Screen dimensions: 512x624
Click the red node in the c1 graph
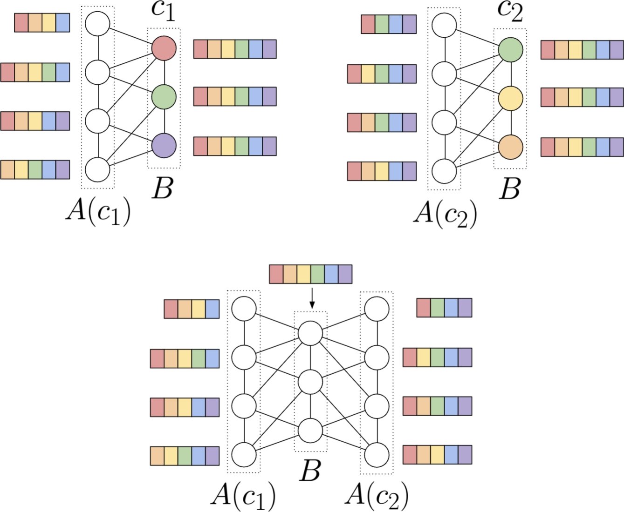pos(164,48)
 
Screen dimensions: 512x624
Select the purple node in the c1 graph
pos(164,145)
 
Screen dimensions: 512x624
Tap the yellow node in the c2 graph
pos(510,98)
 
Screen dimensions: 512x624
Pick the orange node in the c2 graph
pos(510,147)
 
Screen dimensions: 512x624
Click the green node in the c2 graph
pos(510,49)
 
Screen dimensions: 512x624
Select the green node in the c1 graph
pos(164,97)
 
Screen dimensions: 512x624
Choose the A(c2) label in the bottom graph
pos(377,495)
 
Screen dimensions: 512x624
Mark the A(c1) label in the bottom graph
pos(243,495)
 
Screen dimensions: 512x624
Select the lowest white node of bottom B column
pos(310,431)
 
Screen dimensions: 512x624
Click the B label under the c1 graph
pos(163,189)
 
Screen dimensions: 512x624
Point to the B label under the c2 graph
pos(509,189)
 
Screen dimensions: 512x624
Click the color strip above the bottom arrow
pos(310,274)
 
